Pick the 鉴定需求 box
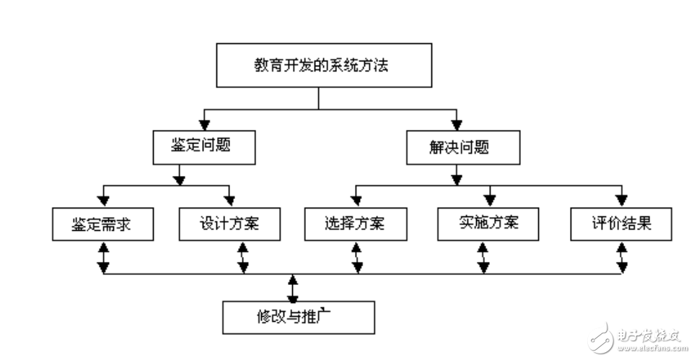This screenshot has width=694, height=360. (103, 224)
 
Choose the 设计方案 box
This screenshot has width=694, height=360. (230, 224)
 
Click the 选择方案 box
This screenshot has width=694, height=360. (355, 224)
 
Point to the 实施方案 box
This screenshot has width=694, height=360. (488, 224)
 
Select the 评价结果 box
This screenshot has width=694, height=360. (621, 224)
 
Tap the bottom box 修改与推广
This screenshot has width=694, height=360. (298, 317)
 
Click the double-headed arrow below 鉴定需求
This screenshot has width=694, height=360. (103, 257)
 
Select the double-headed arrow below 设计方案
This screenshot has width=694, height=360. (243, 257)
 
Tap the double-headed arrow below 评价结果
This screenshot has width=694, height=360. (621, 257)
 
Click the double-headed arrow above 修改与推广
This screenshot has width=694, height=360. (292, 289)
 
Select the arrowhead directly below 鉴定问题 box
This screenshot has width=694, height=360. (180, 178)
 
